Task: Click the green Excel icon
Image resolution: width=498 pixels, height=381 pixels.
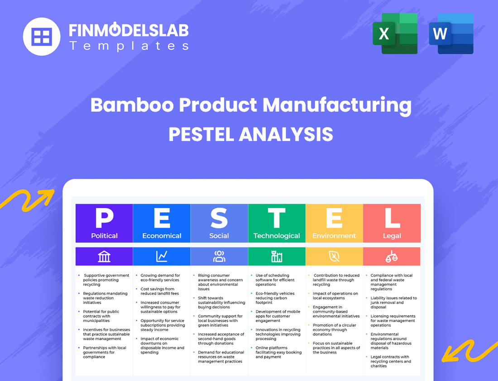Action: click(394, 33)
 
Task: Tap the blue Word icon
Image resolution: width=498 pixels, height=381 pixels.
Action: click(451, 33)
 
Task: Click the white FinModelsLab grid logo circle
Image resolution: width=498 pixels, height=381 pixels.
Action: click(42, 36)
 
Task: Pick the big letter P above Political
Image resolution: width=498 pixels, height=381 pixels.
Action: click(104, 218)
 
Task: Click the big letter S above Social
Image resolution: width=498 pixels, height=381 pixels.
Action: click(219, 218)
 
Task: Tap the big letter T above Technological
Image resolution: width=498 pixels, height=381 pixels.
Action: click(277, 218)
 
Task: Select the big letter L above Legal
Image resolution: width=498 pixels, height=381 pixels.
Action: click(392, 218)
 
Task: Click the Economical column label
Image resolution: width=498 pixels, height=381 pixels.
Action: click(162, 236)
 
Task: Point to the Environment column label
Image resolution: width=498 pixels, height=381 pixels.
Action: click(334, 236)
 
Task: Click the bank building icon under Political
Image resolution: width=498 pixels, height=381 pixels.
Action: click(104, 257)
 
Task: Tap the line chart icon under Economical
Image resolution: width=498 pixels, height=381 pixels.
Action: click(162, 257)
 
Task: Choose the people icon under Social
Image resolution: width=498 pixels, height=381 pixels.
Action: click(219, 257)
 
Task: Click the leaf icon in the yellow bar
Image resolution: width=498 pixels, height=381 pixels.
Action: click(334, 257)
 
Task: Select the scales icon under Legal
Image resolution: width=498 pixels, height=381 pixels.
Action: click(392, 257)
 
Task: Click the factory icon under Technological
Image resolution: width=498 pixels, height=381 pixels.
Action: click(277, 257)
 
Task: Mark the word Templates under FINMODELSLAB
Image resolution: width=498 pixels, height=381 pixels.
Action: click(129, 46)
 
